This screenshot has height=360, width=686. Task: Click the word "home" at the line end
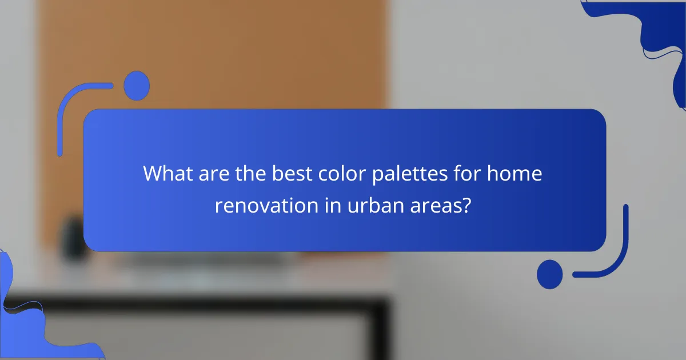(514, 173)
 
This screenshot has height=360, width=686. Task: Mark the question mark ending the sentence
(466, 206)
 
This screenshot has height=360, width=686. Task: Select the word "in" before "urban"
(332, 206)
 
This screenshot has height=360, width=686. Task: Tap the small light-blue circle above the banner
(136, 86)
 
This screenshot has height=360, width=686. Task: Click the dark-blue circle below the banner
(550, 274)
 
